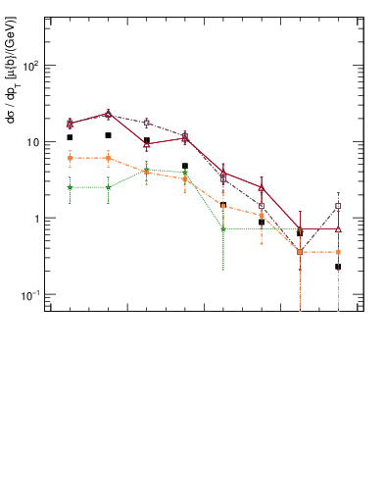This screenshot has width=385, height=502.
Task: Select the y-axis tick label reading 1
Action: click(x=37, y=219)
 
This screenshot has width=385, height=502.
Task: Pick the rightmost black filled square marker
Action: click(x=338, y=267)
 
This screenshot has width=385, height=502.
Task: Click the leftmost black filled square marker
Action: click(x=70, y=137)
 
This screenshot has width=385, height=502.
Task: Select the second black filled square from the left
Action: click(x=108, y=135)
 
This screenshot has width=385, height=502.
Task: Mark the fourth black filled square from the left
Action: click(x=185, y=167)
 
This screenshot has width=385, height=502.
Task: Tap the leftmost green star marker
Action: click(x=70, y=187)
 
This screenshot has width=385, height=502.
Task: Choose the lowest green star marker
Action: click(x=223, y=229)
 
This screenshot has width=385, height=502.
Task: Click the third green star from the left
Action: click(x=146, y=170)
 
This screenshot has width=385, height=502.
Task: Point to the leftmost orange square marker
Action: click(x=70, y=158)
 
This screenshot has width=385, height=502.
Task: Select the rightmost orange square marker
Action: click(x=338, y=252)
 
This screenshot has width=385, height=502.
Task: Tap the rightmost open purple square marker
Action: click(x=338, y=207)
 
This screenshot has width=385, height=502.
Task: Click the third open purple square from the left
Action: click(x=146, y=123)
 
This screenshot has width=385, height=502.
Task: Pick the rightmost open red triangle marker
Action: click(x=338, y=229)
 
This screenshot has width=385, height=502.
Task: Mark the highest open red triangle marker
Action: click(x=108, y=114)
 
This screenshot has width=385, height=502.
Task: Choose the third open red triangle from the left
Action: click(x=146, y=144)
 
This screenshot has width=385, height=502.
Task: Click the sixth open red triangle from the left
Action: click(x=262, y=187)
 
